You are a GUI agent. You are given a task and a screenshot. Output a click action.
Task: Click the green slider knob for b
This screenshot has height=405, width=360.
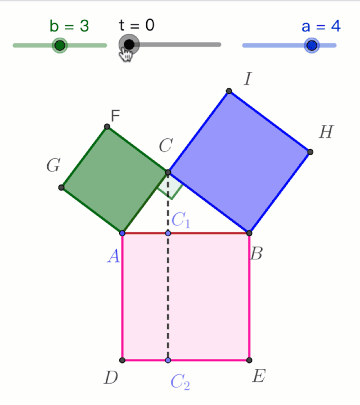click(x=60, y=45)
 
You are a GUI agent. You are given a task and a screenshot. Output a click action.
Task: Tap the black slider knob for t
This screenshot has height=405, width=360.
click(x=129, y=44)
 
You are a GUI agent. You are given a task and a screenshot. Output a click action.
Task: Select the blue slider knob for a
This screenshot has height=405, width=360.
click(x=311, y=45)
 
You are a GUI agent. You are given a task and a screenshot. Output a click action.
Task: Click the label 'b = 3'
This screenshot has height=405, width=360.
click(x=69, y=26)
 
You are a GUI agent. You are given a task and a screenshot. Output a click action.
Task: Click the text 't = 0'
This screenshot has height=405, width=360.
click(x=137, y=25)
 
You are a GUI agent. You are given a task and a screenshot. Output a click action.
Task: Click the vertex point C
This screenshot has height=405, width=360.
click(x=168, y=172)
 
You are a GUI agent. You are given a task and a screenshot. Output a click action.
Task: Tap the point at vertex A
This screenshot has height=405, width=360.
click(x=123, y=233)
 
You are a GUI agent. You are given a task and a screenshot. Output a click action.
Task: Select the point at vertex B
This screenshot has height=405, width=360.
click(x=249, y=233)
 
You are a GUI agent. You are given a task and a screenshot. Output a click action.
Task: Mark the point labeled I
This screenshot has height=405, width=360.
click(x=229, y=91)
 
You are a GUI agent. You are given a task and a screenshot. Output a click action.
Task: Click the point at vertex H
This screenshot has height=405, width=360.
click(x=310, y=152)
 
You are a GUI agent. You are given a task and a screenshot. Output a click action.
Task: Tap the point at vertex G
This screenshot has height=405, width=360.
click(x=61, y=187)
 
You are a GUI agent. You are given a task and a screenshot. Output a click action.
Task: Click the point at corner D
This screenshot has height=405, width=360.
click(x=123, y=360)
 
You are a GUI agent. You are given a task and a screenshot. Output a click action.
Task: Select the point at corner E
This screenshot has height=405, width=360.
click(x=249, y=360)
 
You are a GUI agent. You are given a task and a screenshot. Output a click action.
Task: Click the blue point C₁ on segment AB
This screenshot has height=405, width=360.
click(x=168, y=233)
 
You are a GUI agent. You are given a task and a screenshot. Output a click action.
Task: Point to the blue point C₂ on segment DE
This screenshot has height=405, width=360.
click(x=168, y=360)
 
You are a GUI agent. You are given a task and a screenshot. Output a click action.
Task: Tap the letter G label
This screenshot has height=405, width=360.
click(x=53, y=165)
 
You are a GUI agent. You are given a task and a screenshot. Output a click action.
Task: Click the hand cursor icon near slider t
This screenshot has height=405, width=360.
click(x=127, y=54)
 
